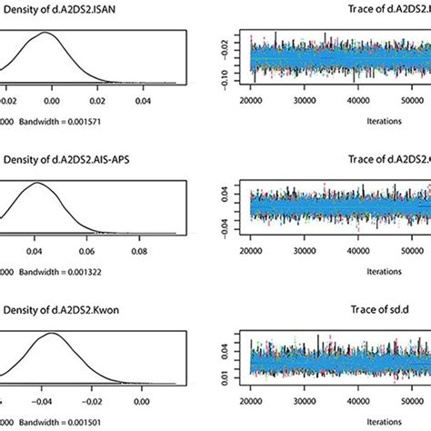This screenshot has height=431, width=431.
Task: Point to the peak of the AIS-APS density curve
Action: click(x=38, y=184)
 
